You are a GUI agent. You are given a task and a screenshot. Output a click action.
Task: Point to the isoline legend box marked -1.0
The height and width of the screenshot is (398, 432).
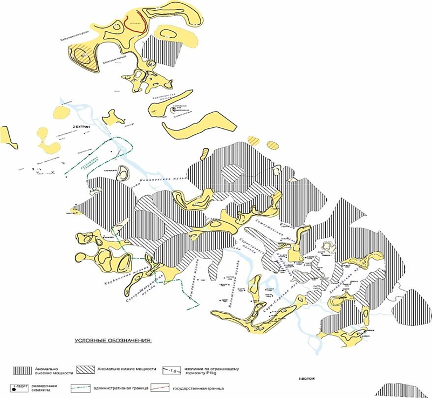(x=172, y=370)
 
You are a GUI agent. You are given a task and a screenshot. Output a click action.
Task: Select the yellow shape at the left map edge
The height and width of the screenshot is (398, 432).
(x=7, y=136)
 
